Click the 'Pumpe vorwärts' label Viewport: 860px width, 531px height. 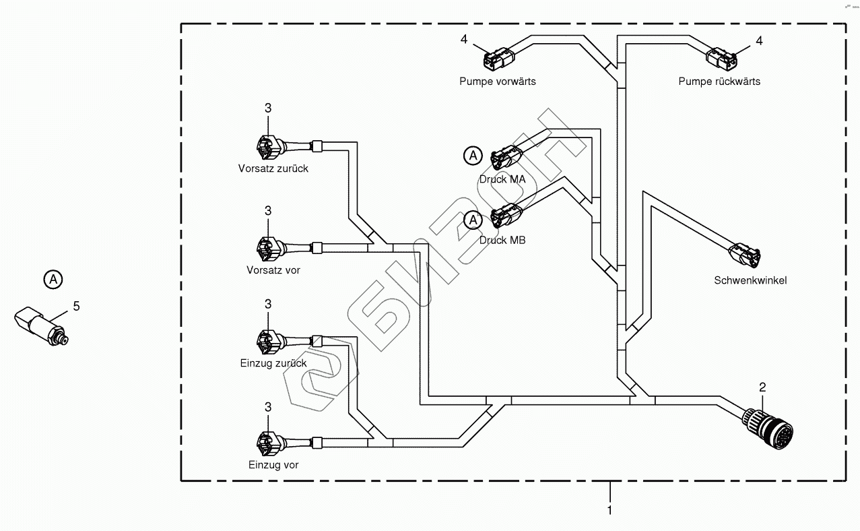497,82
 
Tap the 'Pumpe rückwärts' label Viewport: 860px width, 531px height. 719,82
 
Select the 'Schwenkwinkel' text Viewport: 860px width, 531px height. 750,280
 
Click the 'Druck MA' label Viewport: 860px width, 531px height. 502,179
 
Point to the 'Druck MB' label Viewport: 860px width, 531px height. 502,240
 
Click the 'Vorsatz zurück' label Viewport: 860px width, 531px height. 273,168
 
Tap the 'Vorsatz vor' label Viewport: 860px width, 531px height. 273,270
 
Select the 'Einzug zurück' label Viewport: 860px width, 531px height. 273,363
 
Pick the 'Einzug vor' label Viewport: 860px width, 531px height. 273,465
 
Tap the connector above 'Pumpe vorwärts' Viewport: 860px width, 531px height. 498,59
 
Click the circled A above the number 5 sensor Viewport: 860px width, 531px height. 53,279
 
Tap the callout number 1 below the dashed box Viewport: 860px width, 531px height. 610,511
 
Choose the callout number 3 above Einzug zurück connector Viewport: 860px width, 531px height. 268,305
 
